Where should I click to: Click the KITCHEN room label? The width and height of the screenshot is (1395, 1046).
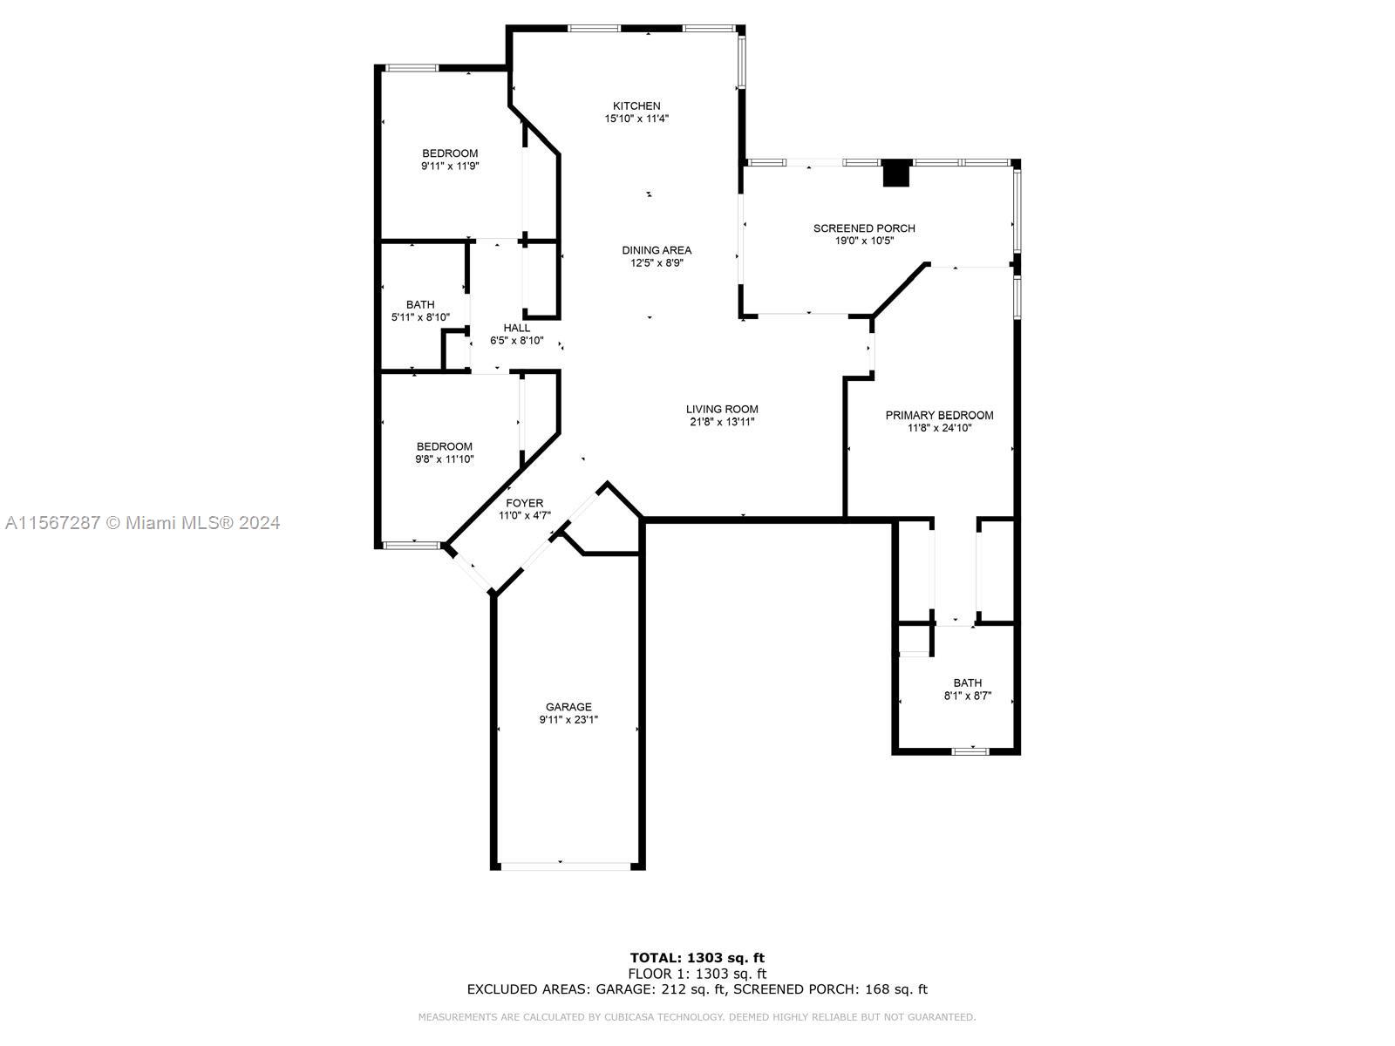(636, 106)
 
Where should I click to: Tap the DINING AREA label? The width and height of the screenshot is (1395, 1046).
(657, 250)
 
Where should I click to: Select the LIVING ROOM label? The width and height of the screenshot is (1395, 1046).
(722, 409)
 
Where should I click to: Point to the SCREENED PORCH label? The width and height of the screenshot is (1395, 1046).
(864, 228)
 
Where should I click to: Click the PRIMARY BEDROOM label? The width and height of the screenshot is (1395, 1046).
(939, 416)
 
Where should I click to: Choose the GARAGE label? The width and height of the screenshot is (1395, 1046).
(568, 707)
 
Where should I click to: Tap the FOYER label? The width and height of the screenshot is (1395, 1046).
(524, 503)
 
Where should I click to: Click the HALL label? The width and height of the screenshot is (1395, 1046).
(517, 328)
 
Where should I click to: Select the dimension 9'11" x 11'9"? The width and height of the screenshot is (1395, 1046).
(450, 166)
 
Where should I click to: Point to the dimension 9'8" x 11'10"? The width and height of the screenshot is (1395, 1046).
(445, 459)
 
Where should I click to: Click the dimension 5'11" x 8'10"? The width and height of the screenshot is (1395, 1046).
(420, 317)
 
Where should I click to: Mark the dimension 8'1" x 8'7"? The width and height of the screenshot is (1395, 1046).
(967, 696)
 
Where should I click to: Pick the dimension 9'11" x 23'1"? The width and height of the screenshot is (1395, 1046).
(568, 720)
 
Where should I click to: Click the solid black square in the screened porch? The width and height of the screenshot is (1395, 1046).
(897, 173)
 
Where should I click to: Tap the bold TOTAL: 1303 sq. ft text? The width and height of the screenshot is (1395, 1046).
(697, 958)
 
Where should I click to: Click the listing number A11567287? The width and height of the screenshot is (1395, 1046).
(53, 523)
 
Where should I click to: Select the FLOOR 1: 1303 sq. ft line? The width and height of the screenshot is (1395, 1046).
(697, 974)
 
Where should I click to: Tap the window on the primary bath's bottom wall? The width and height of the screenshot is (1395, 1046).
(970, 751)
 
